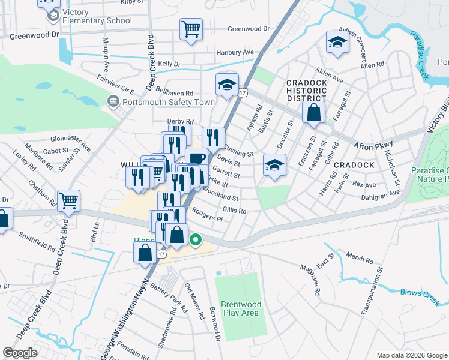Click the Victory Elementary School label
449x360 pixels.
tap(96, 16)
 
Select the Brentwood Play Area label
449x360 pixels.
tap(240, 308)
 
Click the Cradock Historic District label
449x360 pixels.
tap(306, 90)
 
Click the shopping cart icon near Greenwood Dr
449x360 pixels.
tap(191, 28)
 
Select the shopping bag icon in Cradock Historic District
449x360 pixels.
tap(313, 112)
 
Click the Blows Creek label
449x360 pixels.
tap(420, 293)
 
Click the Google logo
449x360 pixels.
tap(20, 353)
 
